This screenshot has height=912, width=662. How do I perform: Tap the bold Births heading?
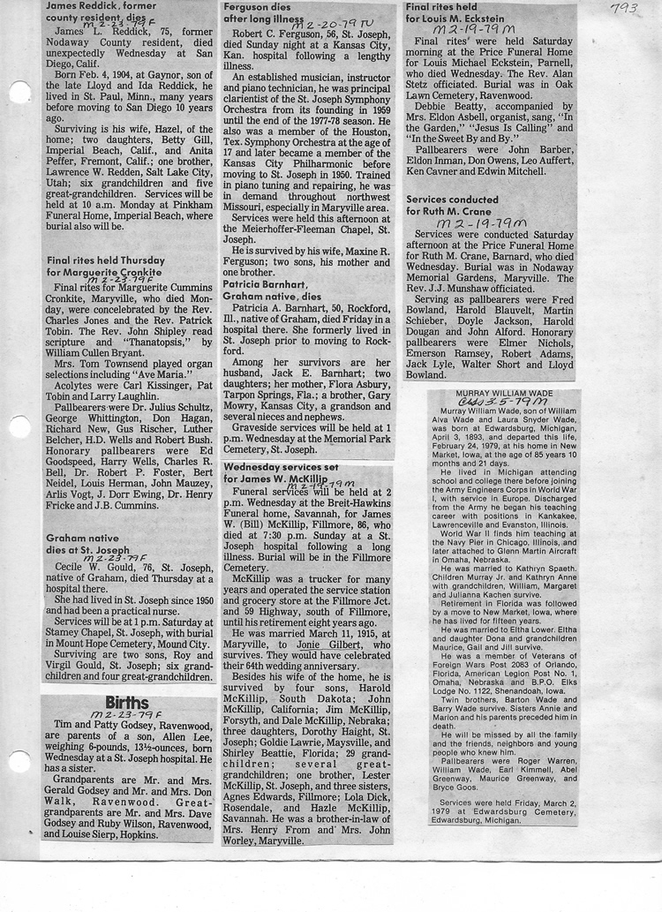(127, 703)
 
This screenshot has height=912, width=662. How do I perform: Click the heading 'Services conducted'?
(451, 200)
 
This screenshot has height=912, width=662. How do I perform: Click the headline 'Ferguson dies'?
(258, 6)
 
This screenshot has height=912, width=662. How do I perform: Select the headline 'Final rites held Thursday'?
(106, 260)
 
